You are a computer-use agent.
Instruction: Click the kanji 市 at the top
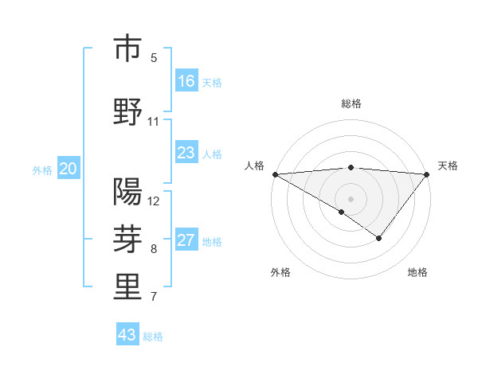click(127, 49)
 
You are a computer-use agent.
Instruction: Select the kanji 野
click(127, 111)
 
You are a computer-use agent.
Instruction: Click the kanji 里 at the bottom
click(127, 287)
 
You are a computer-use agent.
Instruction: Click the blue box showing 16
click(186, 81)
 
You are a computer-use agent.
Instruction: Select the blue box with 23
click(186, 153)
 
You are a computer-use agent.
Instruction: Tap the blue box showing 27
click(186, 240)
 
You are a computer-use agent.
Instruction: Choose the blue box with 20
click(68, 169)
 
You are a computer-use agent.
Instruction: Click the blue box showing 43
click(127, 335)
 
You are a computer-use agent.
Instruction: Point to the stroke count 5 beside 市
click(154, 57)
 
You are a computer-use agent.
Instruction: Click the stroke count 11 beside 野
click(154, 122)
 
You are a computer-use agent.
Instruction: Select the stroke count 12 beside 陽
click(154, 201)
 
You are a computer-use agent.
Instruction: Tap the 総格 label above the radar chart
click(351, 103)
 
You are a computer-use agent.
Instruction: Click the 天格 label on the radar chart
click(449, 166)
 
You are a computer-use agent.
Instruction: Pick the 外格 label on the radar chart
click(280, 272)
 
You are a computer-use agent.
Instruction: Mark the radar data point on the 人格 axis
click(275, 174)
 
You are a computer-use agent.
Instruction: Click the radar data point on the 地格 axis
click(379, 238)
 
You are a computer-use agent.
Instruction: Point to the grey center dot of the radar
click(351, 198)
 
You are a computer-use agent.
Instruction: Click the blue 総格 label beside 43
click(153, 337)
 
